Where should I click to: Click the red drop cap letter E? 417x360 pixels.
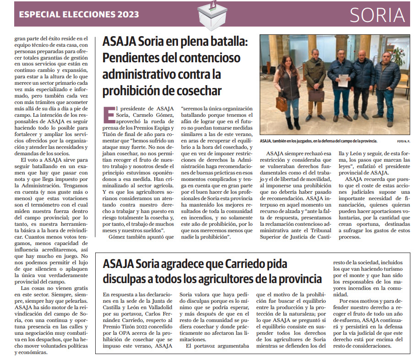click(109, 114)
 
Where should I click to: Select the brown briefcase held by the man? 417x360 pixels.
click(316, 95)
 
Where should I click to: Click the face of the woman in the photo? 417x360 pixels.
click(290, 61)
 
